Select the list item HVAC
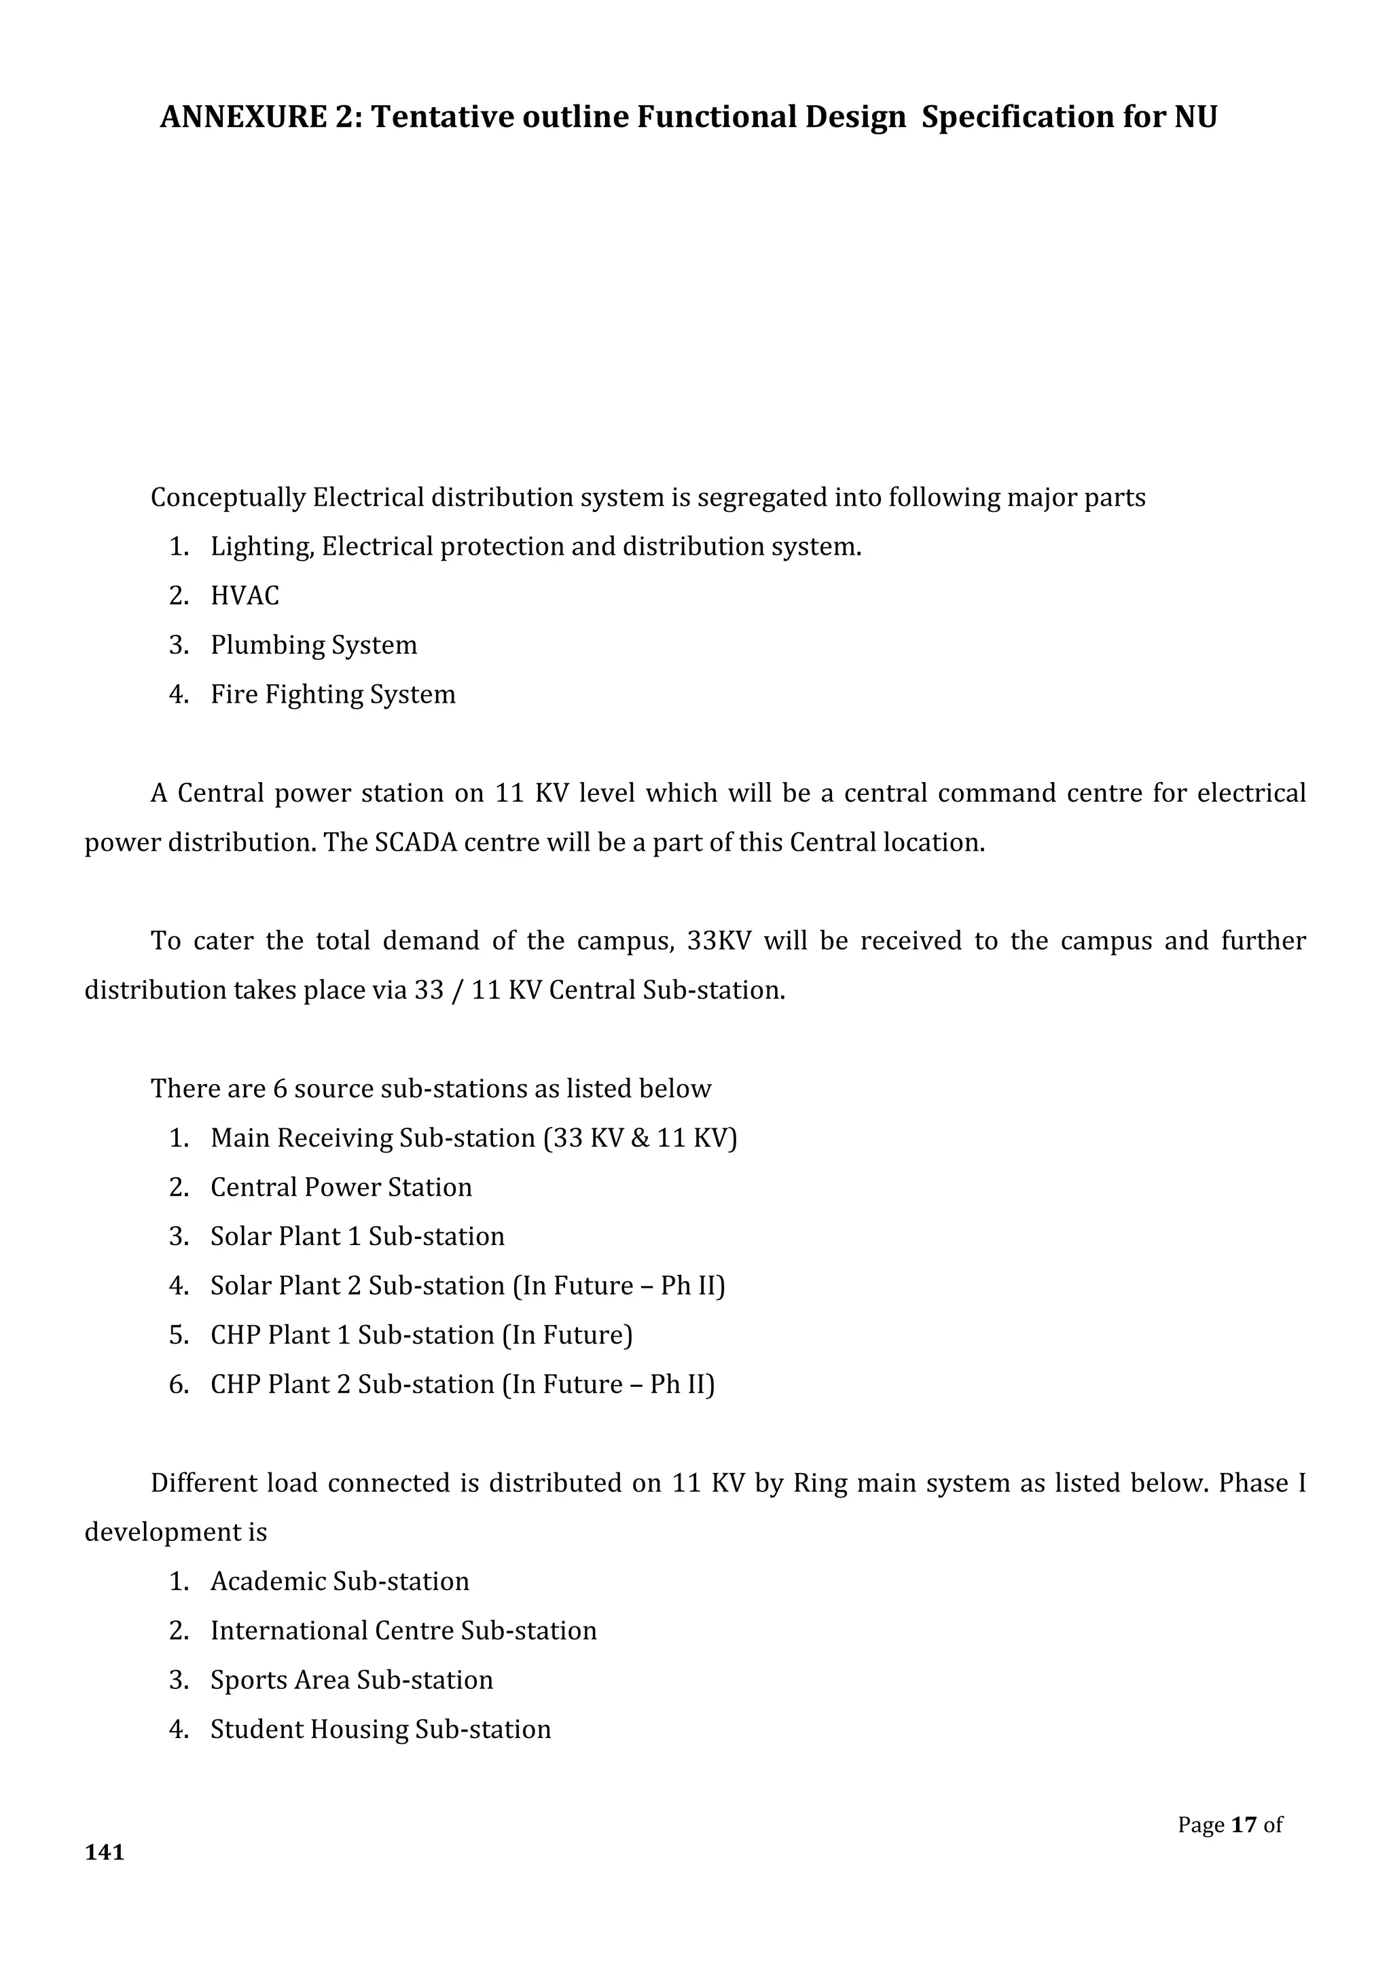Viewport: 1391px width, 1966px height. click(x=245, y=596)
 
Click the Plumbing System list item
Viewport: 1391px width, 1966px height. click(x=314, y=645)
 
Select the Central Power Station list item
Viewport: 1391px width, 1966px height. click(x=341, y=1187)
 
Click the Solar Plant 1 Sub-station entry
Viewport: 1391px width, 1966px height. click(x=357, y=1236)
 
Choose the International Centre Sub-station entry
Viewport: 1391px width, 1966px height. click(x=403, y=1631)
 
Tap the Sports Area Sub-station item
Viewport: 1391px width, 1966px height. click(x=351, y=1680)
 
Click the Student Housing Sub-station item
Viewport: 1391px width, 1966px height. click(x=380, y=1729)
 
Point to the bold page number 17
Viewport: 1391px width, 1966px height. click(x=1244, y=1825)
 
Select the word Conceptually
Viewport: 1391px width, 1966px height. click(x=228, y=498)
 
